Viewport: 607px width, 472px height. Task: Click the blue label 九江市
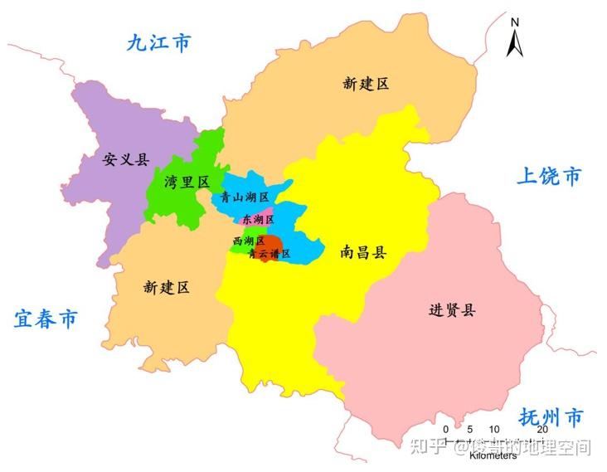coord(158,43)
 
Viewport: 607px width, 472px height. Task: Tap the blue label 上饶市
coord(549,176)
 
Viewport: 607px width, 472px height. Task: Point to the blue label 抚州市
coord(551,416)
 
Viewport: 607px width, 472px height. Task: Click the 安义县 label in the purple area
coord(126,159)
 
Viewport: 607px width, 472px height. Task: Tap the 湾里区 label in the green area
coord(187,182)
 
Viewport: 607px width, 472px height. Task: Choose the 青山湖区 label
coord(245,197)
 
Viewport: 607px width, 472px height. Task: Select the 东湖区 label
coord(258,220)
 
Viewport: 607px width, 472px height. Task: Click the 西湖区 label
coord(249,241)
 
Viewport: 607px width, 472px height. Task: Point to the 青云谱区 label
coord(270,254)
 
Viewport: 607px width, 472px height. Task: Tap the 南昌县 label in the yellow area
coord(363,252)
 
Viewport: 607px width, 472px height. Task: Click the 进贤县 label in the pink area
coord(453,310)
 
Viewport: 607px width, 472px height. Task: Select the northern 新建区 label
coord(366,83)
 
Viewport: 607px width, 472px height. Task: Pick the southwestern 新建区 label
coord(167,287)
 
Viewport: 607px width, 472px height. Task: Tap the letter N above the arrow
coord(515,22)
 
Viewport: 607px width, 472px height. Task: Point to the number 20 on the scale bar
coord(541,429)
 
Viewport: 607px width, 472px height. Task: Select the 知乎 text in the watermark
coord(428,447)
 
